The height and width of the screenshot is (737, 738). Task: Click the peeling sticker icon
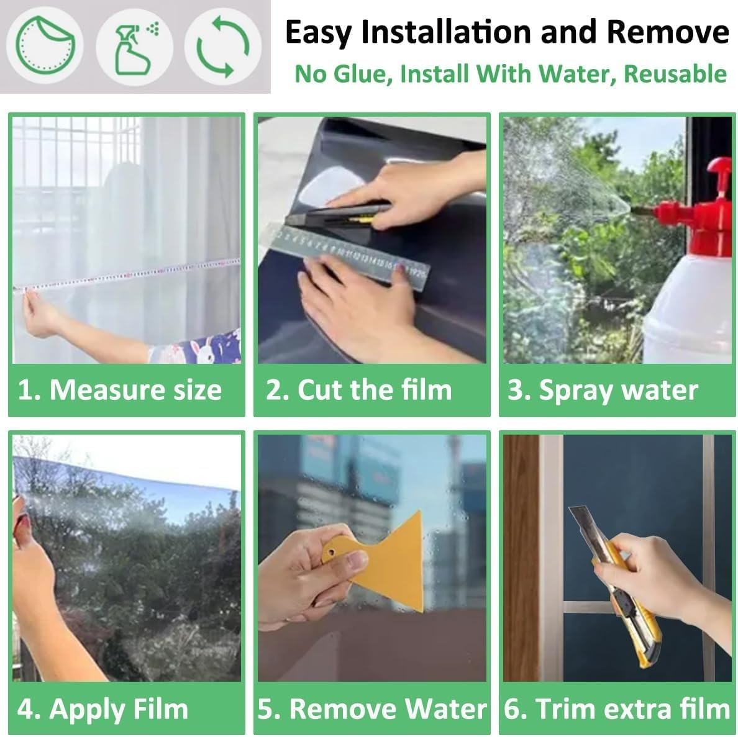coord(45,45)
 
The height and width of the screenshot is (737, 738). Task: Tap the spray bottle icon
coord(135,49)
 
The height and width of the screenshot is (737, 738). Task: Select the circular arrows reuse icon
coord(222,47)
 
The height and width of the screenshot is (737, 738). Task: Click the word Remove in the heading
coord(668,32)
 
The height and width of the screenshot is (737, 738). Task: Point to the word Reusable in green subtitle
coord(675,74)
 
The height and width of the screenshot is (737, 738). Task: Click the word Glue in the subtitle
coord(363,75)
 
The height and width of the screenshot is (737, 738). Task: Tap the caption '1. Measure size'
coord(119,390)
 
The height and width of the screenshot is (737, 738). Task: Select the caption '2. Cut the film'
coord(358,390)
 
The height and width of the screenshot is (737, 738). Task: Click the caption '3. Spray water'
coord(603,391)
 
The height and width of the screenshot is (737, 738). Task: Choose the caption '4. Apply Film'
coord(102,709)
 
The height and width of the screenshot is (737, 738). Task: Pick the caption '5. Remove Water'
coord(372,709)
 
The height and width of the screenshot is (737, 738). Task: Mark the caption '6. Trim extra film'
coord(617,709)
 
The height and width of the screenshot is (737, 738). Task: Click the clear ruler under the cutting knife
coord(350,253)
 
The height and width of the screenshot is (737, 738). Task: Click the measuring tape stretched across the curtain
coord(127,274)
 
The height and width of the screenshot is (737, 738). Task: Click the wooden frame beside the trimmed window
coord(521,558)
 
